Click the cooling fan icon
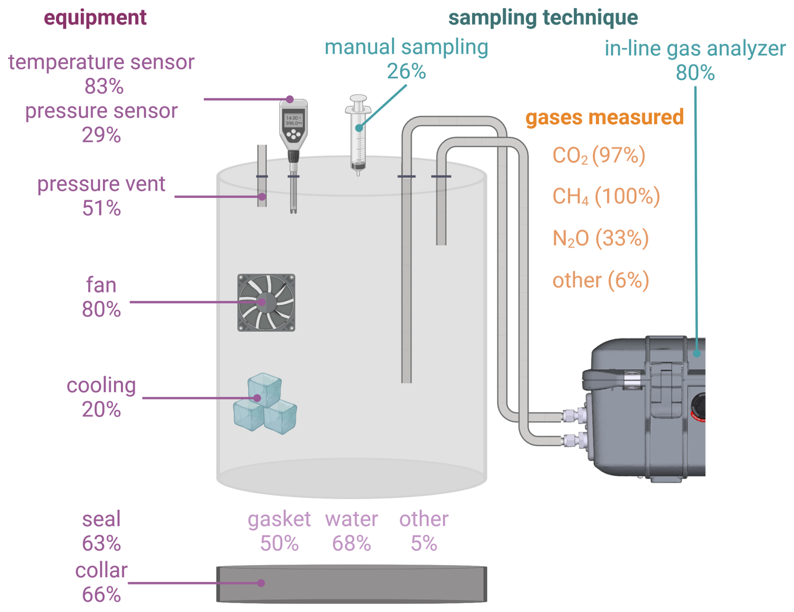tap(266, 303)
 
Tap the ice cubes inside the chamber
tap(265, 403)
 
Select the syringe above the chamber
tap(358, 134)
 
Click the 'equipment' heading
tap(95, 18)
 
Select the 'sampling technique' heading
tap(543, 18)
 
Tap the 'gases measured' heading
tap(604, 117)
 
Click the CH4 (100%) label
tap(606, 196)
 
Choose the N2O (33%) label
tap(601, 238)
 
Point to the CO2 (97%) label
tap(599, 155)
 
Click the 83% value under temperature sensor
tap(104, 87)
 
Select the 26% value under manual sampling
tap(406, 71)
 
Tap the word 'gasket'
tap(279, 520)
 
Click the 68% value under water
tap(351, 544)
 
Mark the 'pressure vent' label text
tap(101, 184)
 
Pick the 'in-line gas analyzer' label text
tap(695, 49)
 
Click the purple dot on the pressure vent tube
tap(262, 196)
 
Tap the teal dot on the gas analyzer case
tap(697, 353)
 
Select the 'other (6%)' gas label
tap(601, 280)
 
